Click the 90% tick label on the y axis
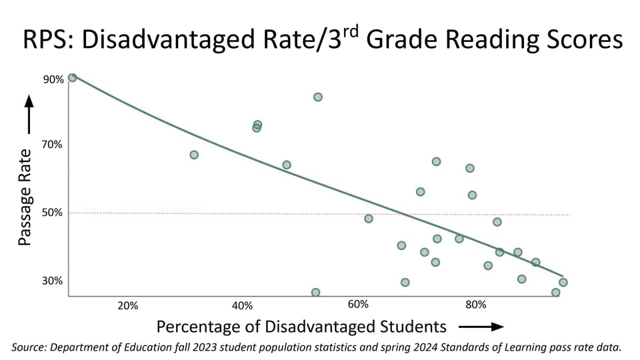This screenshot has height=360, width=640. pos(53,79)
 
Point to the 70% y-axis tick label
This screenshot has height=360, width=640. pos(53,145)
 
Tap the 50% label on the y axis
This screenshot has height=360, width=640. pos(53,213)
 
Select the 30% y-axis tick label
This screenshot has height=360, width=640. pos(53,281)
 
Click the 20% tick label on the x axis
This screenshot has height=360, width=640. pos(127,306)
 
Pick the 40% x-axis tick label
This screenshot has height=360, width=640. pos(242,306)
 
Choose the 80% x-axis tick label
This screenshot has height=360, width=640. pos(475,306)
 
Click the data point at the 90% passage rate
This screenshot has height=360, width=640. pos(72,77)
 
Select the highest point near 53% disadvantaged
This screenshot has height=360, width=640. pos(318,97)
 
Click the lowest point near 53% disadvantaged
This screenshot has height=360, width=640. pos(315,292)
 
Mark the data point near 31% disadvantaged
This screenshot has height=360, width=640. pos(194,155)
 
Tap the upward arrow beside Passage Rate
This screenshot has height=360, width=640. pos(29,114)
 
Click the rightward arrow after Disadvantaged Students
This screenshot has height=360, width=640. pos(481,327)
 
